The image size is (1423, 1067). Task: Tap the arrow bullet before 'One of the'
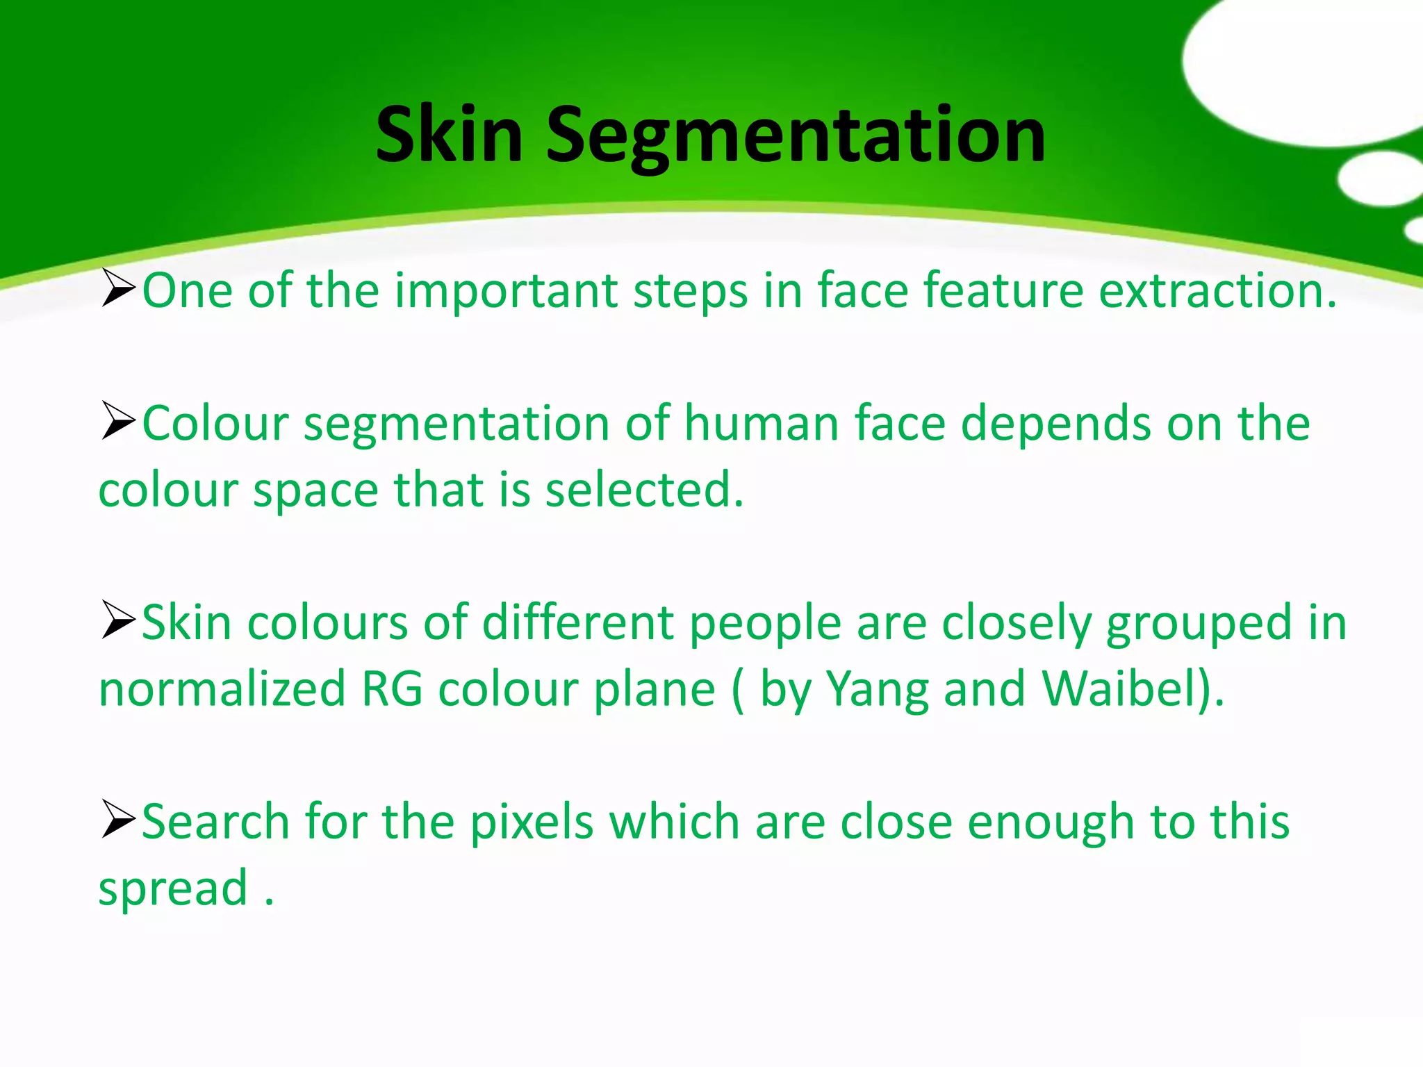coord(117,289)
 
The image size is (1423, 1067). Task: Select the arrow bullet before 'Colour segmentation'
coord(117,422)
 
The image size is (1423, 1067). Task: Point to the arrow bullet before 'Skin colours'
coord(117,621)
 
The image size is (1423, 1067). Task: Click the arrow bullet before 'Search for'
coord(117,820)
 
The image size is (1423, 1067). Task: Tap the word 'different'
coord(578,622)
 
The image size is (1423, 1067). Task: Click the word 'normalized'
coord(222,689)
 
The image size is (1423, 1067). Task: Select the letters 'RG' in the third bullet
coord(391,689)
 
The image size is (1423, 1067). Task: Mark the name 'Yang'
coord(877,690)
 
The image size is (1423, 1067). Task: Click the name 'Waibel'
coord(1120,689)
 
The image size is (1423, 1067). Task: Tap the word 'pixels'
coord(532,822)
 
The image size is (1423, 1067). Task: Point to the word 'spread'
coord(173,889)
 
